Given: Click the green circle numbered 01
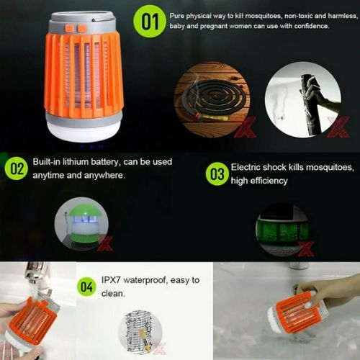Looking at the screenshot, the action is tap(150, 22).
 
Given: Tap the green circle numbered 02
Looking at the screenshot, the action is tap(17, 168).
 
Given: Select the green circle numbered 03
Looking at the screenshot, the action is tap(217, 174).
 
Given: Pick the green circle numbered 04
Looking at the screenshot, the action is tap(86, 287).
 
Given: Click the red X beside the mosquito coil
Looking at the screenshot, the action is tap(245, 127).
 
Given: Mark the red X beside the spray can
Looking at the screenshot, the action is tap(338, 127).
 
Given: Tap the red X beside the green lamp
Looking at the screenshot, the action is tap(105, 243).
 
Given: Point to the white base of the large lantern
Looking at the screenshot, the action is tap(84, 132).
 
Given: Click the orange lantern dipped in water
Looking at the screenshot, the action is tap(297, 312).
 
